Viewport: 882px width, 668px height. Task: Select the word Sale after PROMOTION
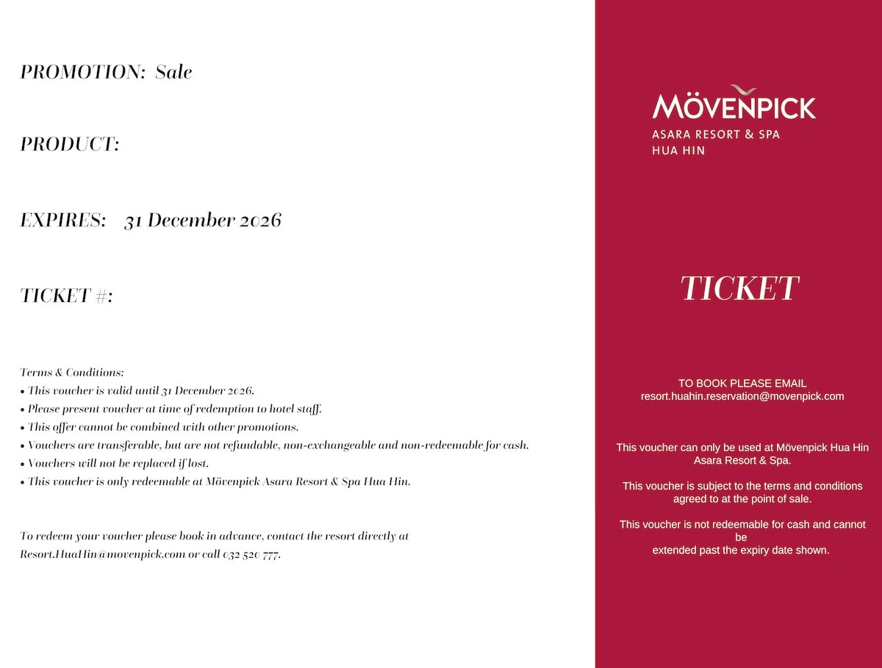[x=173, y=72]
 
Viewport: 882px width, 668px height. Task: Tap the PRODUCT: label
[x=69, y=144]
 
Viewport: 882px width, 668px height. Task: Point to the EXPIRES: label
[x=63, y=220]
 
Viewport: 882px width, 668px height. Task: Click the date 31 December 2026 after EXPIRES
[x=203, y=220]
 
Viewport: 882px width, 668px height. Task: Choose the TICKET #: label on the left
[x=66, y=295]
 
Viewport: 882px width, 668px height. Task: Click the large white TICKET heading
[x=739, y=289]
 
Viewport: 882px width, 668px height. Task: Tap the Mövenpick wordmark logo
[x=734, y=107]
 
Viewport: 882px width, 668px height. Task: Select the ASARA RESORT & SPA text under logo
[x=715, y=135]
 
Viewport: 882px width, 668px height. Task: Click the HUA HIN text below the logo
[x=678, y=151]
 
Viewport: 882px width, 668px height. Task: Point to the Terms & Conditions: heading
[x=72, y=373]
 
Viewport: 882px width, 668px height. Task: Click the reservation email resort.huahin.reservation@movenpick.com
[x=742, y=396]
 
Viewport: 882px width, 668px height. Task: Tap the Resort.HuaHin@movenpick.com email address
[x=103, y=555]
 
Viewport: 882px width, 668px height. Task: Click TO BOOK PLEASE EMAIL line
[x=742, y=383]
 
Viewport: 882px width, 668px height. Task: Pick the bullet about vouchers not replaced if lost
[x=118, y=464]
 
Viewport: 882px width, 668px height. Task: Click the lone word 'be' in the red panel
[x=741, y=537]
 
